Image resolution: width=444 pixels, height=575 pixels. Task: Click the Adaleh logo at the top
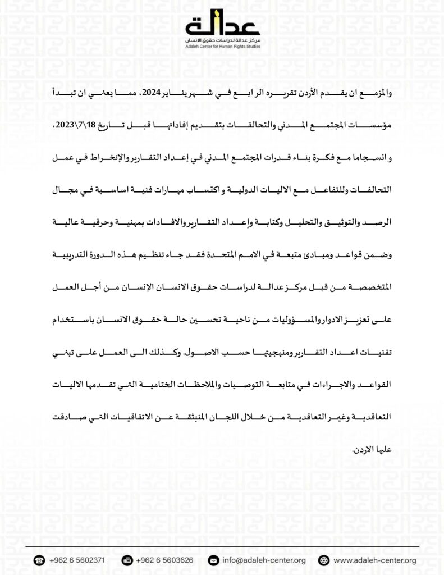pos(222,26)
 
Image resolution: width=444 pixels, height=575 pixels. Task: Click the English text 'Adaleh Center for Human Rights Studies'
pos(222,47)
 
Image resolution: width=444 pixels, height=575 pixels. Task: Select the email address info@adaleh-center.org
pos(264,560)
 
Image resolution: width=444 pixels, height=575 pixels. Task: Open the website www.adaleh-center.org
pos(374,560)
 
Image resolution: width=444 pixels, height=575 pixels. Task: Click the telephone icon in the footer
pos(39,560)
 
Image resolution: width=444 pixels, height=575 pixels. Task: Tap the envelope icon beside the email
pos(213,560)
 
